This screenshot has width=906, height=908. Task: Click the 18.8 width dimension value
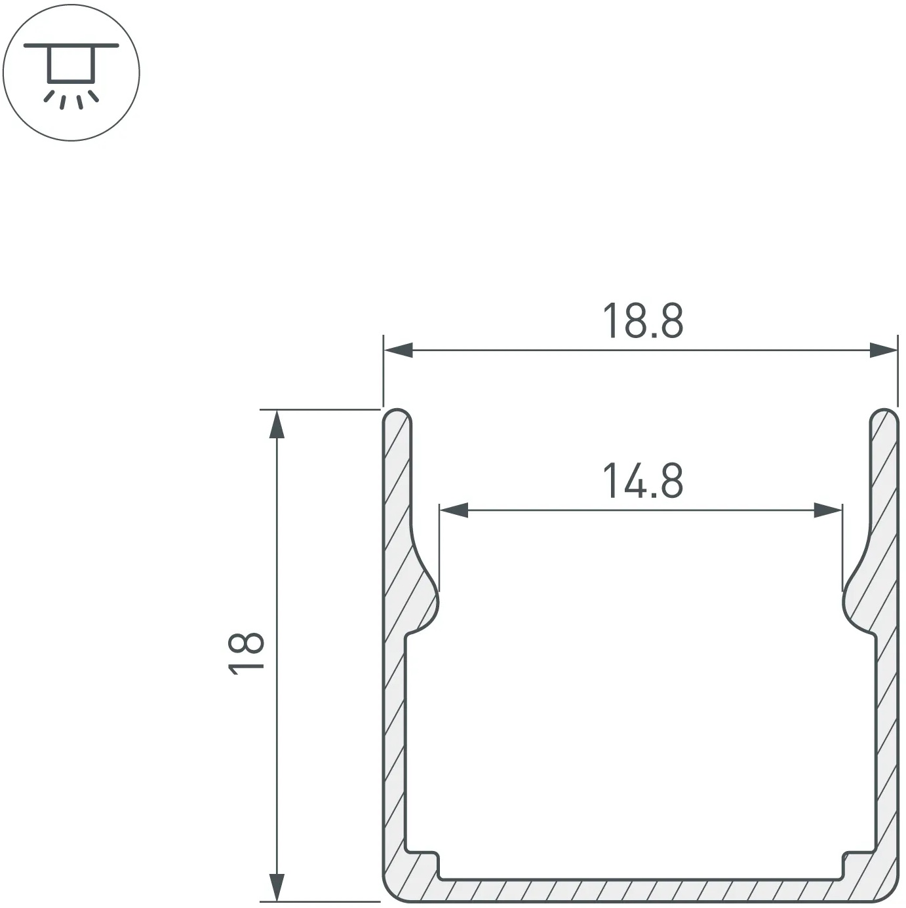tap(643, 321)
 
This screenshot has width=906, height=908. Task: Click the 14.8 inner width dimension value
tap(643, 481)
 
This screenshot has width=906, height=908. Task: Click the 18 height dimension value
tap(246, 654)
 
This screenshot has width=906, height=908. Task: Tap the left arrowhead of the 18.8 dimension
tap(399, 350)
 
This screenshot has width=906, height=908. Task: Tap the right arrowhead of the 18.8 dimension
tap(883, 350)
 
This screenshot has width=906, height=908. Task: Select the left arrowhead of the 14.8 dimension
tap(454, 510)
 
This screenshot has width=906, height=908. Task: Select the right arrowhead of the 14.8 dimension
tap(828, 510)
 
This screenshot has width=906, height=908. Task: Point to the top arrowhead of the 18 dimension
tap(277, 424)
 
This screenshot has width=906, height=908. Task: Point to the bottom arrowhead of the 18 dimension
tap(277, 888)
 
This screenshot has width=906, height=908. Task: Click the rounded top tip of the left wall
tap(397, 410)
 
